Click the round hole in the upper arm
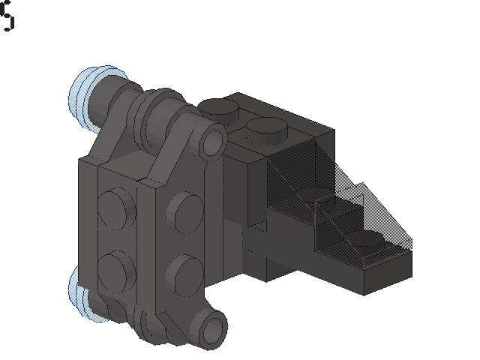point(214,140)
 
